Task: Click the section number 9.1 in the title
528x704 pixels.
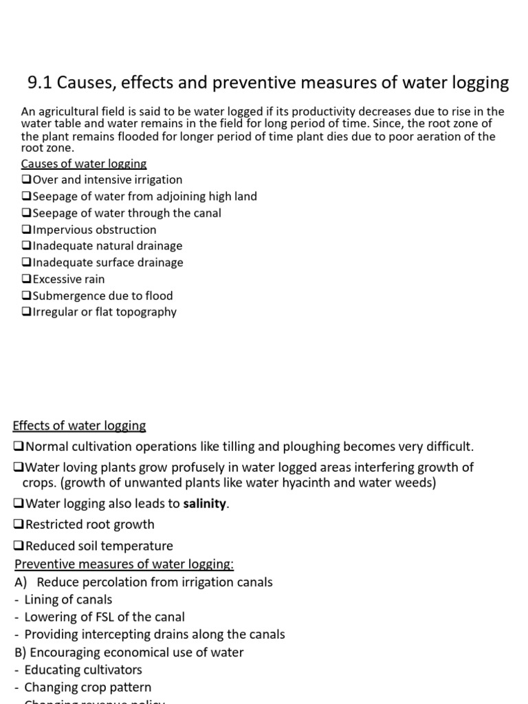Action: (x=40, y=83)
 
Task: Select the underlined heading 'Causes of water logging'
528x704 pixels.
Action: (x=83, y=164)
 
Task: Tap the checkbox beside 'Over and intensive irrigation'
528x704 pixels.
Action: (x=27, y=180)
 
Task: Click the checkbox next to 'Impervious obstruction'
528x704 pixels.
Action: (x=27, y=230)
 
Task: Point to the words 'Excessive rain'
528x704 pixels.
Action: (x=69, y=279)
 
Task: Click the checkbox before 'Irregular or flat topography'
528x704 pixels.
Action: (x=27, y=312)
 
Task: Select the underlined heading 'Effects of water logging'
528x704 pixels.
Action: (x=80, y=426)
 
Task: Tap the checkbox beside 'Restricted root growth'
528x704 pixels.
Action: (x=19, y=525)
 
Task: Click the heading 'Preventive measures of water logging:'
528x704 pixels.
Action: (x=124, y=564)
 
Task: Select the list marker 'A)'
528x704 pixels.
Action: (x=21, y=582)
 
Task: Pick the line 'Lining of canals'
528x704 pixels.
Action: (x=68, y=599)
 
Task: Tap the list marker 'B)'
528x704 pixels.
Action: (x=21, y=652)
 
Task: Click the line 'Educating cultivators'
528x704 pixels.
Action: (x=82, y=670)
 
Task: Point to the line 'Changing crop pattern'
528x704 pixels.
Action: (x=87, y=687)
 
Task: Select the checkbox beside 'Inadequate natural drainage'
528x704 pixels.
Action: (x=27, y=246)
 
